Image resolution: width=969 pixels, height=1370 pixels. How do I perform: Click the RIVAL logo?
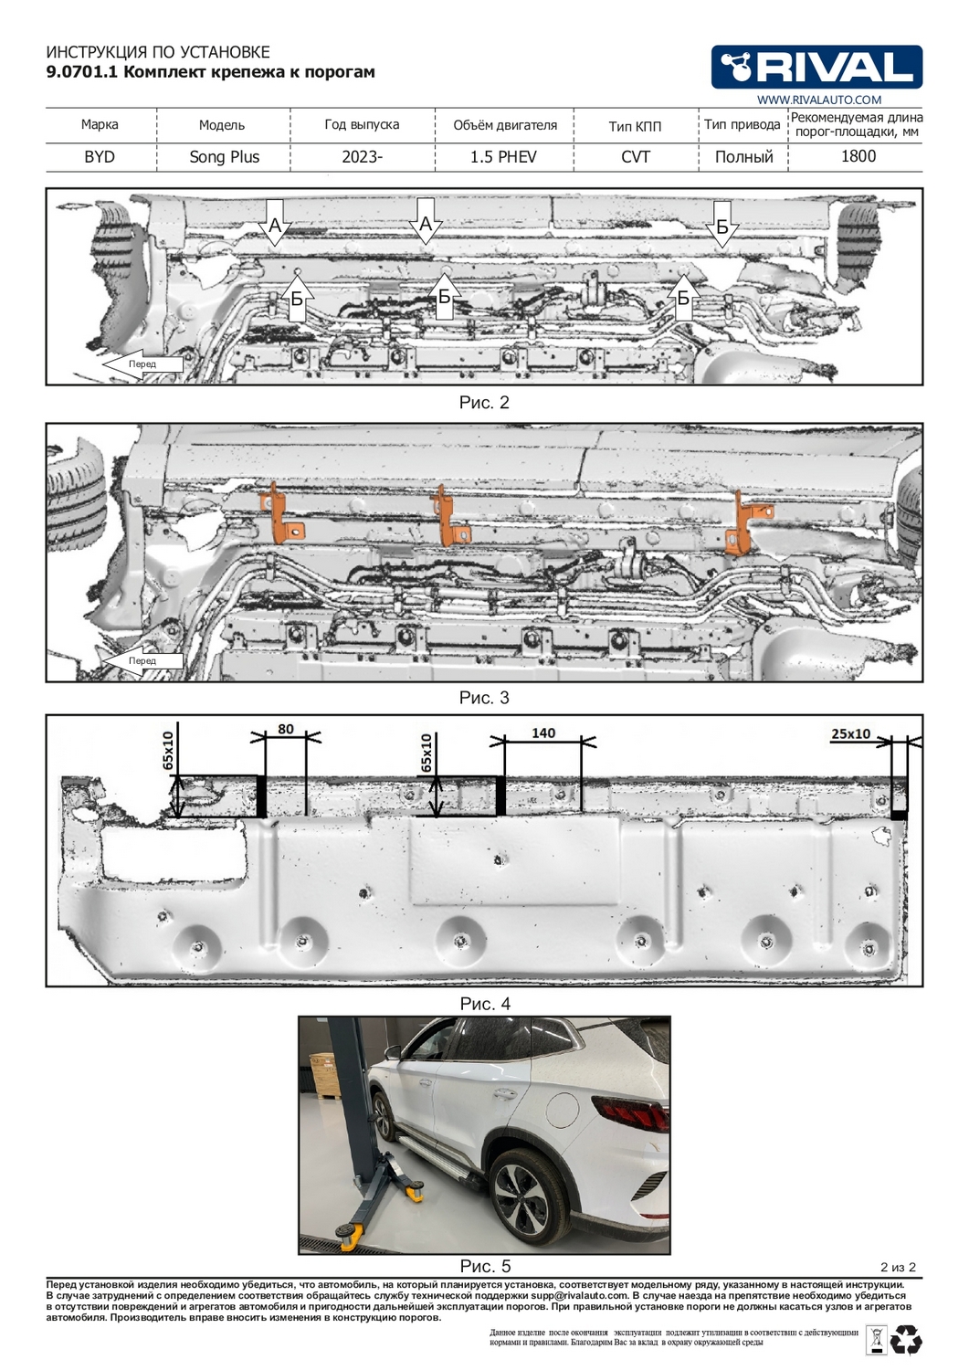click(816, 67)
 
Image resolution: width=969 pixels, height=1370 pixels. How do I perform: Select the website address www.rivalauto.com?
click(819, 100)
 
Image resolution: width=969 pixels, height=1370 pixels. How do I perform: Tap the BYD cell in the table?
click(100, 157)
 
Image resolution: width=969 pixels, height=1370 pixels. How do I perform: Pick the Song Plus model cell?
click(224, 157)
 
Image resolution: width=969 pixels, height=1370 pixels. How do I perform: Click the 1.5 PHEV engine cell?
click(503, 157)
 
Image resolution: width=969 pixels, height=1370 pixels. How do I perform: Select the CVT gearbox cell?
click(636, 157)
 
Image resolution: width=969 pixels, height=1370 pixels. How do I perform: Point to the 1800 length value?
click(858, 156)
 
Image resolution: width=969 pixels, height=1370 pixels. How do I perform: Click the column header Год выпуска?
click(362, 125)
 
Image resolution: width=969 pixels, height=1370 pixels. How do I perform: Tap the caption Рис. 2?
click(484, 403)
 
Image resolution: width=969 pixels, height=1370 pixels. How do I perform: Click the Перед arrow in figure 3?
click(142, 660)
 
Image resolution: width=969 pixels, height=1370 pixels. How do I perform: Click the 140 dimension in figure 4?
click(543, 732)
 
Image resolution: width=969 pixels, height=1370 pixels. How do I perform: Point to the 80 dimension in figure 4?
click(286, 729)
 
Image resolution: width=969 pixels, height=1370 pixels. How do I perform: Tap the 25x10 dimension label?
click(850, 733)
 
